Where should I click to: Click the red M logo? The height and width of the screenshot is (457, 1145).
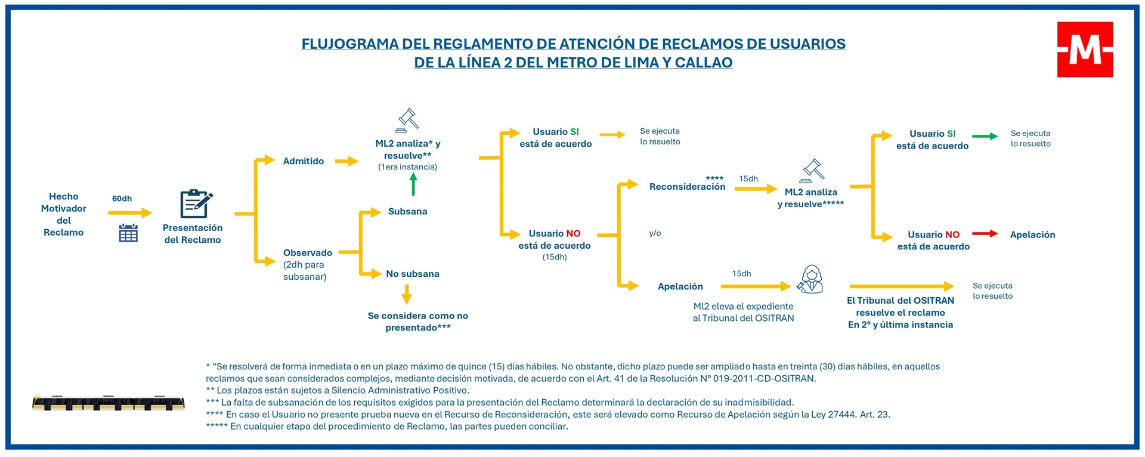tap(1085, 50)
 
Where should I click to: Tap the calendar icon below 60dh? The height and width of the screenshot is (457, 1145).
tap(128, 233)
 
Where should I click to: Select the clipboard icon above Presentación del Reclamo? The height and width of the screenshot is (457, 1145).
tap(196, 204)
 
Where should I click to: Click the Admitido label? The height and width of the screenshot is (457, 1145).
tap(303, 161)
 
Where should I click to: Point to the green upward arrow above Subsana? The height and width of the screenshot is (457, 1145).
tap(413, 183)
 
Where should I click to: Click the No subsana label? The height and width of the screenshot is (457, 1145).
tap(412, 274)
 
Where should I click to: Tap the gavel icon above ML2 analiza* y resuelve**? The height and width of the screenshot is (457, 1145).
tap(407, 120)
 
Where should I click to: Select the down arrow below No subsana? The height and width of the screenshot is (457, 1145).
tap(407, 294)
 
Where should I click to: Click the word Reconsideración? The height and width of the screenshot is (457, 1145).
tap(687, 187)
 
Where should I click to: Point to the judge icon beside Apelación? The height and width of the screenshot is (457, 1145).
tap(810, 279)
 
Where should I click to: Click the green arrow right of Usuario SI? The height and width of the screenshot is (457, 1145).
tap(985, 137)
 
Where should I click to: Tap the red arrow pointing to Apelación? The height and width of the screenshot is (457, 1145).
tap(985, 233)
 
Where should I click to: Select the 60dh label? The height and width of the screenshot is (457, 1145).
tap(122, 199)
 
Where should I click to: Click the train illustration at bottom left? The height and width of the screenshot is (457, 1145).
tap(108, 403)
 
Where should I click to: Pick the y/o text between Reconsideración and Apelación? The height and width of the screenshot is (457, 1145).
tap(655, 233)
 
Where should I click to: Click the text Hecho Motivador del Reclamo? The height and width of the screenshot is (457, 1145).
tap(63, 214)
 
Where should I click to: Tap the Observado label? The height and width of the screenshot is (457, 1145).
tap(307, 253)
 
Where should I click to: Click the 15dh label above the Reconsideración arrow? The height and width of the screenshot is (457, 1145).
tap(748, 179)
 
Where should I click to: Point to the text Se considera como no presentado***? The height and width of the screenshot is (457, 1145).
tap(417, 322)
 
